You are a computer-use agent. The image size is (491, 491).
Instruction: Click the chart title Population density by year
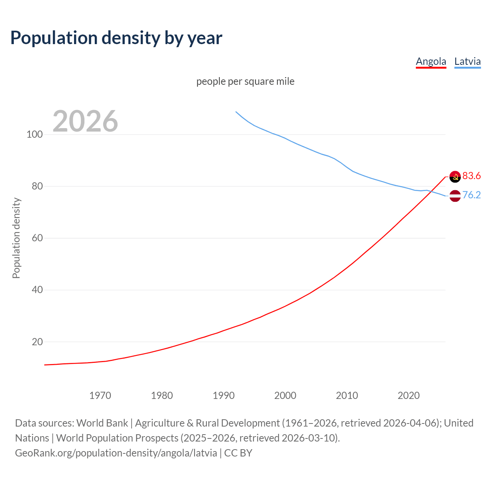coord(116,38)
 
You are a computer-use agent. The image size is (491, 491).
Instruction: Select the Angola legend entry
coord(431,61)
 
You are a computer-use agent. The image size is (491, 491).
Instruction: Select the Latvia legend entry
coord(467,61)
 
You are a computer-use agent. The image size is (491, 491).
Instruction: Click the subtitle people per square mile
coord(245,81)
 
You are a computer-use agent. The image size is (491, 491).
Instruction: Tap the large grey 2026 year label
coord(85,121)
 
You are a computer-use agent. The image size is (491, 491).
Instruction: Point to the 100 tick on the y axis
coord(35,135)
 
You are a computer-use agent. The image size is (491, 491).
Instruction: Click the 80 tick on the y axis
coord(37,186)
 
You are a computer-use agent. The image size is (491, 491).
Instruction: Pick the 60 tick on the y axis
coord(37,238)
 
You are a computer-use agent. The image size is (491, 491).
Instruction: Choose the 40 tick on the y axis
coord(37,290)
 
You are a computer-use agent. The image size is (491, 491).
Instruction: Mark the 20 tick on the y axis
coord(37,342)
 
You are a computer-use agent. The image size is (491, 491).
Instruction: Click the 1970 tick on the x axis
coord(100,395)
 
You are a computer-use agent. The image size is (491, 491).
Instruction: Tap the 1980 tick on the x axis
coord(162,395)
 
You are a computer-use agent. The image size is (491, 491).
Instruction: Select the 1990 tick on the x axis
coord(224,395)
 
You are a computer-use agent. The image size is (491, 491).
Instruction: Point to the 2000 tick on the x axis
coord(285,395)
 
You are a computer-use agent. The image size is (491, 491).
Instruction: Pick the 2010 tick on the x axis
coord(347,395)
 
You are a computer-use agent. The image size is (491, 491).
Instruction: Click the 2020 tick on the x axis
coord(409,395)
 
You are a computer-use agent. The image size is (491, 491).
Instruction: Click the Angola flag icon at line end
coord(455,176)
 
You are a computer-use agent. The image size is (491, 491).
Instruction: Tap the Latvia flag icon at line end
coord(455,196)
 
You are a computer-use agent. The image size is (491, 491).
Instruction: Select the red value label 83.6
coord(471,176)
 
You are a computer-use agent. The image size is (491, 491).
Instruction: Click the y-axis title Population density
coord(16,238)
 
